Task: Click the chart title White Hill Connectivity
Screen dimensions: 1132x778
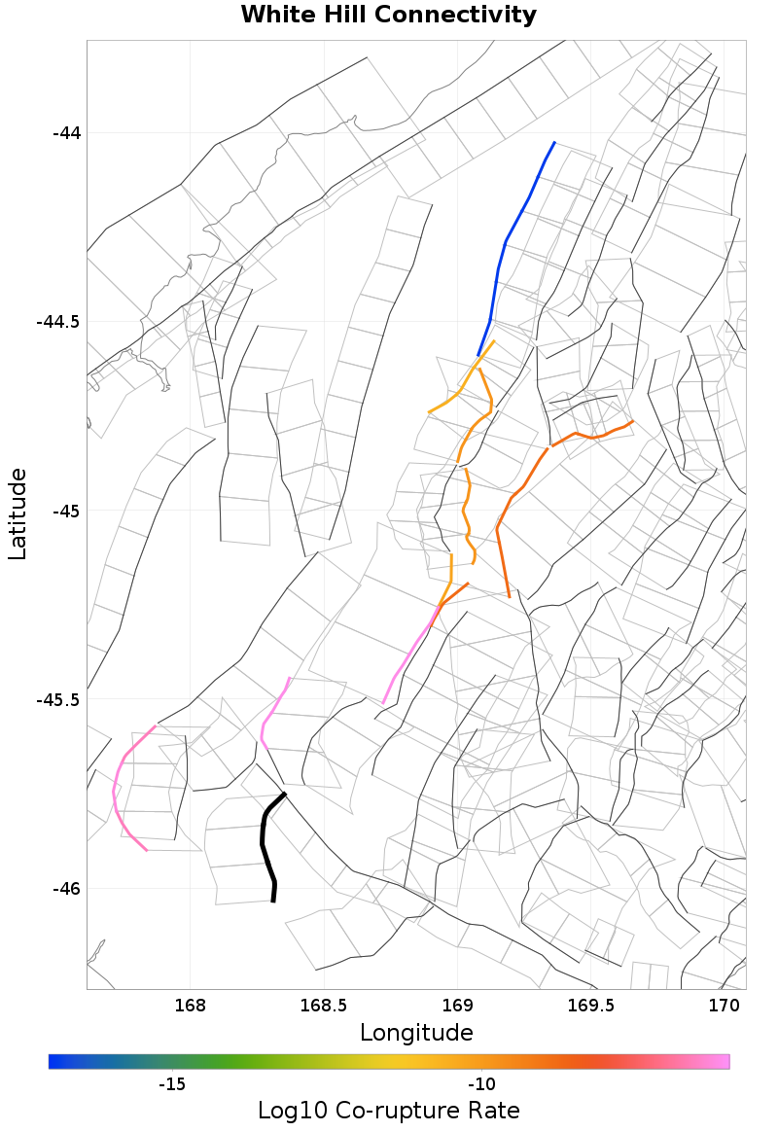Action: [389, 16]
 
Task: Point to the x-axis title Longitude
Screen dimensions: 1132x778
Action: [416, 1032]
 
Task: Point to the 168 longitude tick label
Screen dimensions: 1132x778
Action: [190, 1004]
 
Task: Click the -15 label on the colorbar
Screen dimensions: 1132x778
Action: [171, 1084]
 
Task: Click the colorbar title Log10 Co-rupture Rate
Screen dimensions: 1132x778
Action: [389, 1111]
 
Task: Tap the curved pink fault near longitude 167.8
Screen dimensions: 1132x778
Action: [116, 788]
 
